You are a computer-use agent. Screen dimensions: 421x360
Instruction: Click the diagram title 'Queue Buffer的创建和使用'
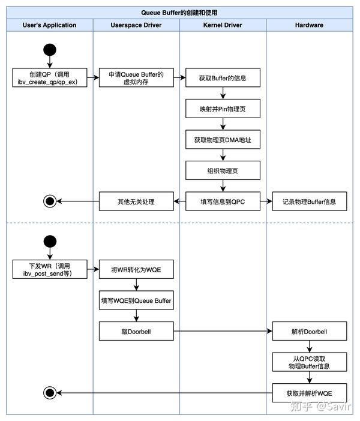coord(180,12)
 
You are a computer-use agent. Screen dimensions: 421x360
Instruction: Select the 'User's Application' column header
coord(49,25)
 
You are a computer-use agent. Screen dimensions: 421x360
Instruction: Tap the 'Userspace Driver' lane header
coord(136,25)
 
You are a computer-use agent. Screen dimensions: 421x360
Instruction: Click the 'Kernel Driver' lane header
coord(223,25)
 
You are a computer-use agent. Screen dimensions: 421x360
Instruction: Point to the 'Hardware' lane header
coord(309,25)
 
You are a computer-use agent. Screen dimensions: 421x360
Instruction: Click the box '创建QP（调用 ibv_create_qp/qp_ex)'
coord(49,78)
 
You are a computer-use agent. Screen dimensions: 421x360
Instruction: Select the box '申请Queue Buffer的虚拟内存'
coord(136,78)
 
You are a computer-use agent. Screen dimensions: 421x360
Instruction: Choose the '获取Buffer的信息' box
coord(223,78)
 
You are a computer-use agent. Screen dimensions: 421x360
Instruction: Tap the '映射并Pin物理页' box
coord(223,109)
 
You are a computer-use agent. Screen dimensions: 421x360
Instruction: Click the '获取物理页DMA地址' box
coord(223,140)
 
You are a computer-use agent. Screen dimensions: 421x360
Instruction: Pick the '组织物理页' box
coord(223,170)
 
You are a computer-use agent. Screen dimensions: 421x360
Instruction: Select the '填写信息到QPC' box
coord(223,202)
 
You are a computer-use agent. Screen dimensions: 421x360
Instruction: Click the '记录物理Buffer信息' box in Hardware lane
coord(309,202)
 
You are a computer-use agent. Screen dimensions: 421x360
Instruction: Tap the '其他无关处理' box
coord(136,202)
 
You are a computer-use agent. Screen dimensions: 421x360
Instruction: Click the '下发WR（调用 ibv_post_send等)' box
coord(49,269)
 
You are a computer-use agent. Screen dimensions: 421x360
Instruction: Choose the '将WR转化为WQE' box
coord(136,269)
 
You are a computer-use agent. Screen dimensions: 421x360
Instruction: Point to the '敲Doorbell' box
coord(136,330)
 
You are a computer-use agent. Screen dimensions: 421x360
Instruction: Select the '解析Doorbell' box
coord(309,330)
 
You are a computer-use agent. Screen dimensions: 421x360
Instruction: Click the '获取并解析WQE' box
coord(309,392)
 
